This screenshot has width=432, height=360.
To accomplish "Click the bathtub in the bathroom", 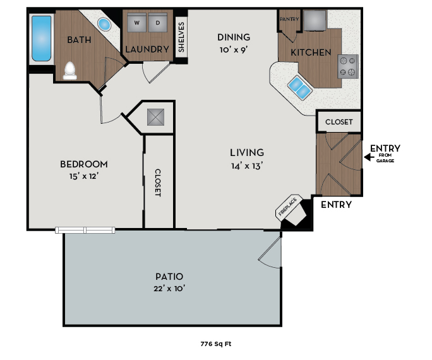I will [41, 39].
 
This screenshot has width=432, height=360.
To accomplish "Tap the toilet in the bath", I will [69, 70].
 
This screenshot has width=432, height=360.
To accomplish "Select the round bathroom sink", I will [104, 25].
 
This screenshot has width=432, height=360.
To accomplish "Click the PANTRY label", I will [289, 19].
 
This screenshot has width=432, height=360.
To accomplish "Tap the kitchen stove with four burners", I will [348, 66].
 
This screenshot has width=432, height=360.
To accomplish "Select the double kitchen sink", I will [299, 87].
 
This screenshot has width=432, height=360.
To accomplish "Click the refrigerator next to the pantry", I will [315, 20].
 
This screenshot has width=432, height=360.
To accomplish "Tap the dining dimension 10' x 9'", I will [234, 50].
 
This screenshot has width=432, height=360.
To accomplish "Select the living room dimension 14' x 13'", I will [246, 166].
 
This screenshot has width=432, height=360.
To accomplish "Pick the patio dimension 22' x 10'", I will [170, 289].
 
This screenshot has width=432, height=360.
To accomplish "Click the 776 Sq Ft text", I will [215, 345].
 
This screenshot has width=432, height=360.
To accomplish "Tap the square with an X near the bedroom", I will [155, 117].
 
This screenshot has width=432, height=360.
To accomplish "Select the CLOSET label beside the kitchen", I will [339, 121].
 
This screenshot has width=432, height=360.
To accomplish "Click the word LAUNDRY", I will [147, 49].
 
